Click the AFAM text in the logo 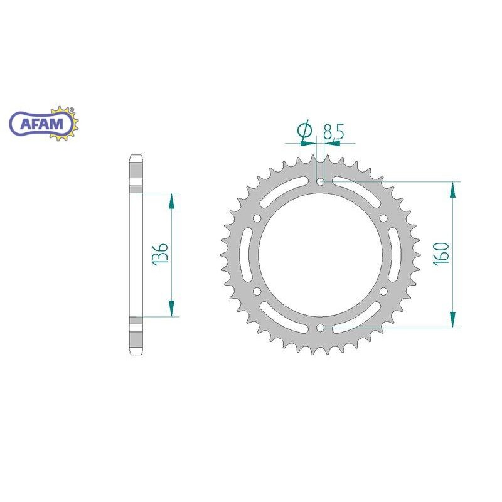click(42, 124)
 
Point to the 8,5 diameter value click(334, 132)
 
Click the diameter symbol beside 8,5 click(304, 131)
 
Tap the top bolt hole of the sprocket click(320, 182)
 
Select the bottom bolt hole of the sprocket click(320, 328)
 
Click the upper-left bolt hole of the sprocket click(257, 218)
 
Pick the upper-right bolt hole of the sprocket click(383, 218)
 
